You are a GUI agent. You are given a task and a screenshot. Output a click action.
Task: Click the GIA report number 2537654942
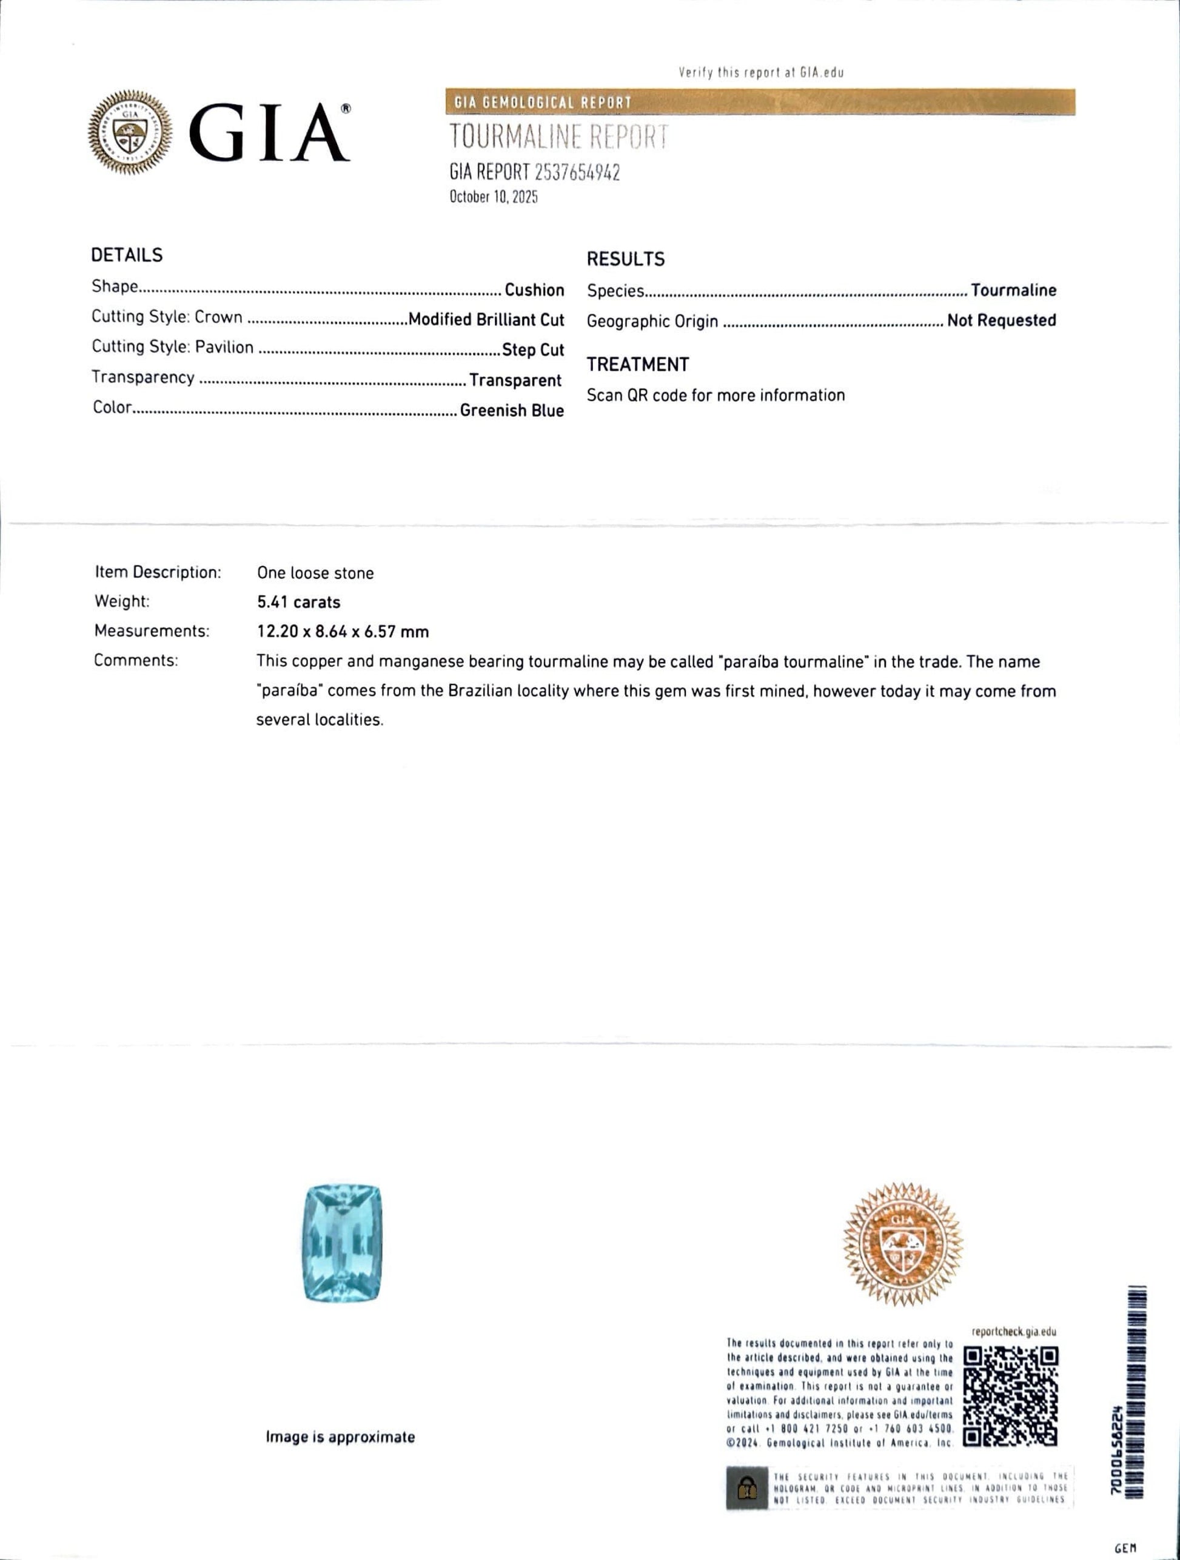coord(577,172)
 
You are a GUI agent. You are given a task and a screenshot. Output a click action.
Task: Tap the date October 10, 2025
coord(494,197)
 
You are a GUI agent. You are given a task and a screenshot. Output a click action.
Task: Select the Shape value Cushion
coord(534,290)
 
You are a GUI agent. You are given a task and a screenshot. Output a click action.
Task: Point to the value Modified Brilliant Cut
coord(486,320)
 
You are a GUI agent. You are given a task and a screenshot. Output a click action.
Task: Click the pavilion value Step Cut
coord(533,349)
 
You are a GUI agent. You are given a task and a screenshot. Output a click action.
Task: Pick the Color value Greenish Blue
coord(512,410)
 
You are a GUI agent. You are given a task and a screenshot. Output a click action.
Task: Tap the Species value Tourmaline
coord(1013,290)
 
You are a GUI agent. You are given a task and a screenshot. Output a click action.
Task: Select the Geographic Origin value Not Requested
coord(1001,320)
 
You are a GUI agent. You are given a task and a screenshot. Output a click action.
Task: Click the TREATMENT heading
coord(637,365)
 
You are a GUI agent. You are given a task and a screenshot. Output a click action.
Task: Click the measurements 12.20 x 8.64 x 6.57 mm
coord(343,632)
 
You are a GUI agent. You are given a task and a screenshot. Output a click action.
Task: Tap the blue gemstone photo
coord(342,1243)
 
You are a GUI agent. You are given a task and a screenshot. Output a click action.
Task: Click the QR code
coord(1010,1396)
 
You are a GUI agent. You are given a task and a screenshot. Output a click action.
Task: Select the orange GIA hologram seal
coord(903,1244)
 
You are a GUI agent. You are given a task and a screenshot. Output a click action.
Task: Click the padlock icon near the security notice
coord(746,1487)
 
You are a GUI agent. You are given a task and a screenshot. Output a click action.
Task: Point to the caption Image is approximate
coord(340,1437)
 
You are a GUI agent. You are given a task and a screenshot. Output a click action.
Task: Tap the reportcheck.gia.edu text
coord(1013,1331)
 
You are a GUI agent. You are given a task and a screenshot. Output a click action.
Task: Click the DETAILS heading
coord(127,255)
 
